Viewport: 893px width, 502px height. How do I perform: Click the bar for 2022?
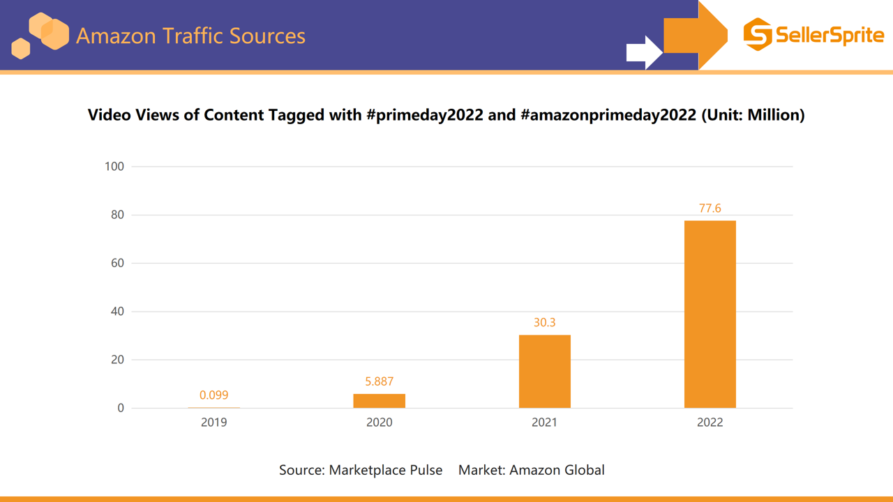coord(710,314)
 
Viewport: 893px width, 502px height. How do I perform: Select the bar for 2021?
coord(544,372)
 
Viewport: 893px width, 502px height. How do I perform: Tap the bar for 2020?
coord(379,401)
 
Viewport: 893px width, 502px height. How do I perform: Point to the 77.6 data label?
coord(710,208)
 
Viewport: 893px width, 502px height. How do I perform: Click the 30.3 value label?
coord(544,323)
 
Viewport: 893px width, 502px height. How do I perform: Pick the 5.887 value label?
coord(379,381)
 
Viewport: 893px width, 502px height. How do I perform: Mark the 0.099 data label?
coord(213,395)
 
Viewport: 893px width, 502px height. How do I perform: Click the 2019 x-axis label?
coord(213,423)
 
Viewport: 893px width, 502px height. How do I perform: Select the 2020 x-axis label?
coord(379,423)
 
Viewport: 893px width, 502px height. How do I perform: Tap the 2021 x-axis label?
coord(544,423)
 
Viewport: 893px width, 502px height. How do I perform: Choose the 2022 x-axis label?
coord(710,423)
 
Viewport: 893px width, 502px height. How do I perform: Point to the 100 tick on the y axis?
coord(114,167)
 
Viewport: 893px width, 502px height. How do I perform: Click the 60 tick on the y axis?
coord(117,264)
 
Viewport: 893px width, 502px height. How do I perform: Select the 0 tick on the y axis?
coord(121,409)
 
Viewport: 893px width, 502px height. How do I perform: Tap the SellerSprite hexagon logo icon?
coord(757,35)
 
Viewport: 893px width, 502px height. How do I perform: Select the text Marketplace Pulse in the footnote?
coord(385,470)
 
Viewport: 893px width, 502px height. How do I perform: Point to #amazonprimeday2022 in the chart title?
coord(608,115)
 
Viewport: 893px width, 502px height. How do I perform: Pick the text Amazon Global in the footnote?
coord(557,470)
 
